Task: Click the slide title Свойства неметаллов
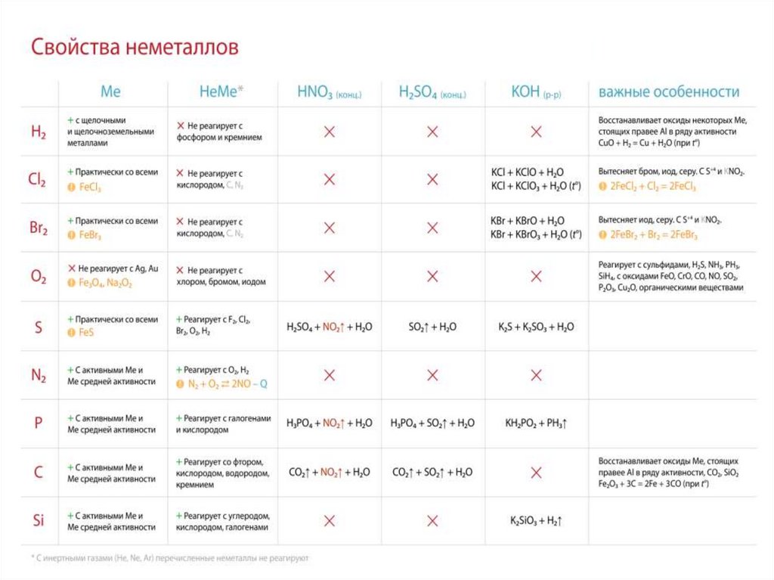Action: (x=135, y=48)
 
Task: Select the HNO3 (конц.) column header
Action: (x=329, y=93)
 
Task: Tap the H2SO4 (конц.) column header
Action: (x=432, y=93)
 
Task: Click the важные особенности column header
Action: (x=668, y=92)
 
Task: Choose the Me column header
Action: (x=110, y=92)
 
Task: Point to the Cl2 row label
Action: (x=38, y=181)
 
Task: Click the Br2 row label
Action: (x=38, y=228)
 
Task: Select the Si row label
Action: (x=38, y=520)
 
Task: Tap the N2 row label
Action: (x=38, y=375)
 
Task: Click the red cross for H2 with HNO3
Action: (x=330, y=132)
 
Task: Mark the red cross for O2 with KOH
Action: (x=536, y=277)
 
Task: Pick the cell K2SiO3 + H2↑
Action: (x=536, y=520)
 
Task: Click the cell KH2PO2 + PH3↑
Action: (x=536, y=423)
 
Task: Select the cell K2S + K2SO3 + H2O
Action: (x=536, y=327)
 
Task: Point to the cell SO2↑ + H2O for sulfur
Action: (x=432, y=327)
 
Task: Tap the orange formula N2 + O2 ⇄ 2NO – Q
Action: (x=228, y=383)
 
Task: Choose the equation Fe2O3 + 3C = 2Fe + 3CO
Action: (x=664, y=482)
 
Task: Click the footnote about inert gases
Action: (x=170, y=558)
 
